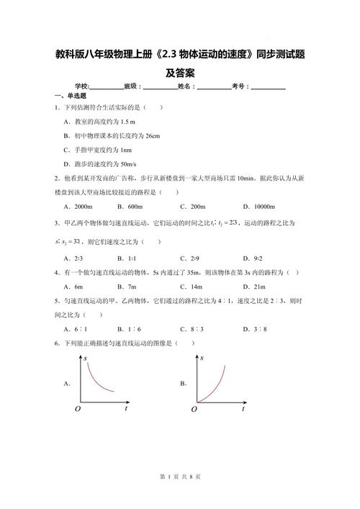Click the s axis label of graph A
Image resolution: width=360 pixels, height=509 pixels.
pos(86,358)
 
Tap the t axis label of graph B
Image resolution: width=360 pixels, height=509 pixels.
pos(243,408)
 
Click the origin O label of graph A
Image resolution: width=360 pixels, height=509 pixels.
pos(77,409)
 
